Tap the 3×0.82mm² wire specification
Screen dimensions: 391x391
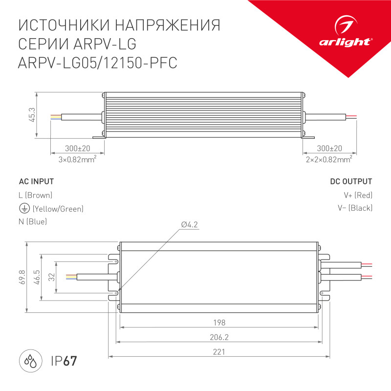click(x=77, y=159)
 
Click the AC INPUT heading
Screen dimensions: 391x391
click(x=36, y=182)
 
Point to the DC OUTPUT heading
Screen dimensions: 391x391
click(x=351, y=182)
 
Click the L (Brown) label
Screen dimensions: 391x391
click(x=35, y=195)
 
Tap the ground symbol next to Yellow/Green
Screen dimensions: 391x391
click(x=23, y=209)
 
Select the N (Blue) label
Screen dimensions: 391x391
click(x=33, y=222)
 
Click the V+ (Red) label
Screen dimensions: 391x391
click(x=358, y=195)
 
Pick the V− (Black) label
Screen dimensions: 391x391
click(x=355, y=208)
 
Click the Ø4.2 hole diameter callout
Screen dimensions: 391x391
click(x=190, y=224)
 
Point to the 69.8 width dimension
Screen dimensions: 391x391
click(x=22, y=277)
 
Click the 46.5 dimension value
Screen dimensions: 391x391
click(x=37, y=277)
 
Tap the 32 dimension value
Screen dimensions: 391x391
click(x=51, y=277)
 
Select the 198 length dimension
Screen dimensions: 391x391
click(x=219, y=323)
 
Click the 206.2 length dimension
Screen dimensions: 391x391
click(x=219, y=337)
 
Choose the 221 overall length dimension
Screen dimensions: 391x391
click(x=219, y=351)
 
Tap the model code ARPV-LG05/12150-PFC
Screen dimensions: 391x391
click(x=97, y=64)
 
